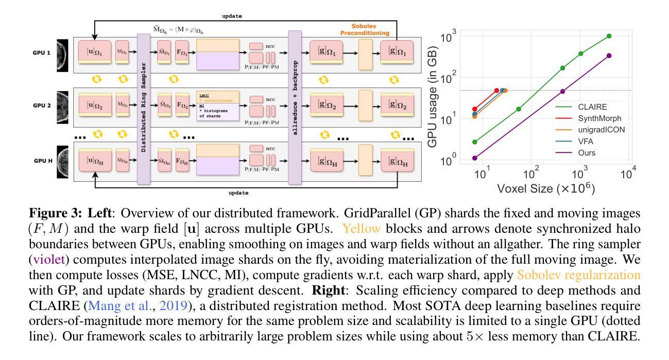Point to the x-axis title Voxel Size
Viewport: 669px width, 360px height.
[x=546, y=188]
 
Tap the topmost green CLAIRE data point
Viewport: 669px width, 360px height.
[x=609, y=36]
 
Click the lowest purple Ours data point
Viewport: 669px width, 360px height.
[x=475, y=158]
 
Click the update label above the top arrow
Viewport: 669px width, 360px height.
[x=232, y=16]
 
